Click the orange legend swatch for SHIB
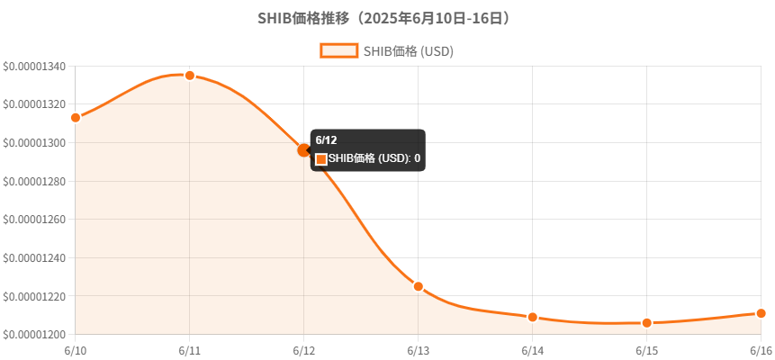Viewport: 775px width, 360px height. pyautogui.click(x=338, y=51)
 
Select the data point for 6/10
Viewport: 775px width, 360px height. pyautogui.click(x=76, y=118)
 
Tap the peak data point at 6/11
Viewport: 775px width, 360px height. pyautogui.click(x=190, y=76)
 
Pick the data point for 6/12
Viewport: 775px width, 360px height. pyautogui.click(x=304, y=150)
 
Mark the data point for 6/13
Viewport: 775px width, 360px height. pyautogui.click(x=419, y=286)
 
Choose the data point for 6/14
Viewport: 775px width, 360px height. pyautogui.click(x=533, y=317)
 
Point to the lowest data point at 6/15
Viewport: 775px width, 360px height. pyautogui.click(x=647, y=323)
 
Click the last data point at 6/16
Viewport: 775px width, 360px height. pyautogui.click(x=761, y=313)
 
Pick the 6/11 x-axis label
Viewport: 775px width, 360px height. pyautogui.click(x=190, y=350)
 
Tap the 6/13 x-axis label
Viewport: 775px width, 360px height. pyautogui.click(x=419, y=350)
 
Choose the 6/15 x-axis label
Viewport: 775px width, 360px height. pyautogui.click(x=647, y=350)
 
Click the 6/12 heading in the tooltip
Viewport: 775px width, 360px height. pyautogui.click(x=327, y=140)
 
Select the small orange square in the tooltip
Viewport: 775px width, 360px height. pyautogui.click(x=321, y=159)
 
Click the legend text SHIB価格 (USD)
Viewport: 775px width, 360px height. pyautogui.click(x=408, y=51)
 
